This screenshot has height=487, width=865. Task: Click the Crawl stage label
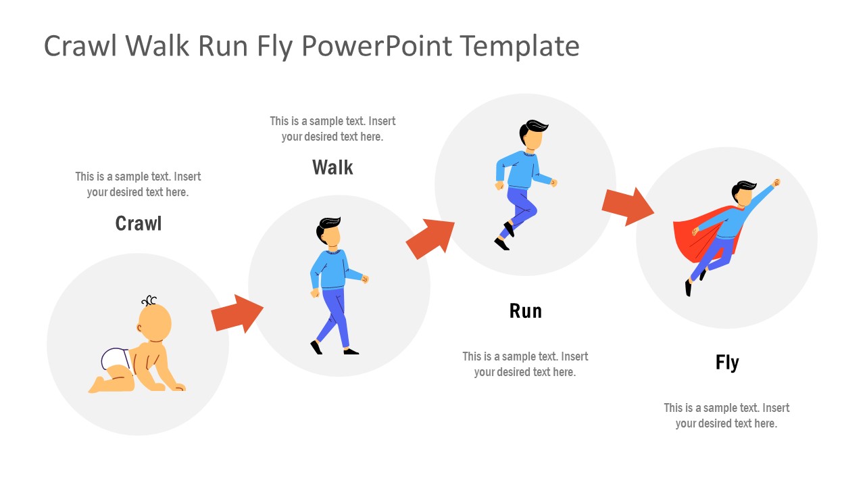(139, 223)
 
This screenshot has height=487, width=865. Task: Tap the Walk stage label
(332, 167)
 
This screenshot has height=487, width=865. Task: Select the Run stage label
(525, 311)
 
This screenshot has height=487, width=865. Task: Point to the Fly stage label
(727, 363)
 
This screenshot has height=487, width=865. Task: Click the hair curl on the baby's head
(149, 301)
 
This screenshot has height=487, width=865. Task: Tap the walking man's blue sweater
(330, 269)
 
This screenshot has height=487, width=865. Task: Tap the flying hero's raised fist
(776, 183)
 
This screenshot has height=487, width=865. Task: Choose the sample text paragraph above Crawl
(138, 184)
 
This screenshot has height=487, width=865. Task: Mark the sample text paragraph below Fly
(726, 415)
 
